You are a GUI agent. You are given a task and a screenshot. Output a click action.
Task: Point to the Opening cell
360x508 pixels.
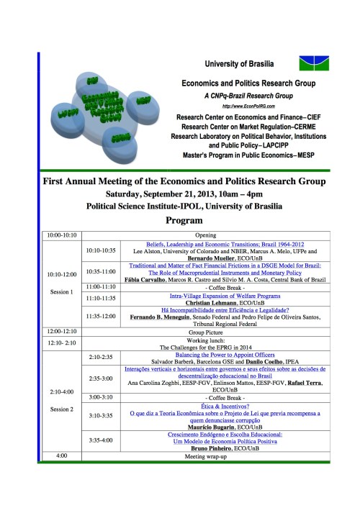[x=206, y=235]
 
